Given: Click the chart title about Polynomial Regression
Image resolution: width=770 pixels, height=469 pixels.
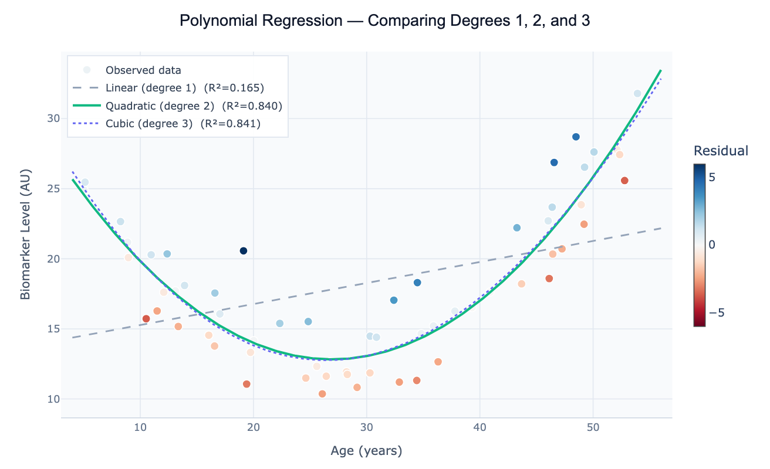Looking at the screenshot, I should [384, 21].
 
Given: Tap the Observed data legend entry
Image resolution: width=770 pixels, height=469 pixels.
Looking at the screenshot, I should [143, 70].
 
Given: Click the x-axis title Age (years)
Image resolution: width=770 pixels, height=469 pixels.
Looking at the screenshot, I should [366, 451].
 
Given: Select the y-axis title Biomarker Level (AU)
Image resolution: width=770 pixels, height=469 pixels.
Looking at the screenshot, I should [25, 235].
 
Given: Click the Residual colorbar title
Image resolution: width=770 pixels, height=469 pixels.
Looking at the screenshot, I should [721, 151].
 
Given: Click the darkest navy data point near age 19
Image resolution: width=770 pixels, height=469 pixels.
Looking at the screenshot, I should [244, 251].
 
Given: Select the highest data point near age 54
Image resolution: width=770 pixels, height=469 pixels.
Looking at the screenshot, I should [637, 94].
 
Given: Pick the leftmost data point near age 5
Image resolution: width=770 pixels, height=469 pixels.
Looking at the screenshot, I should [85, 182].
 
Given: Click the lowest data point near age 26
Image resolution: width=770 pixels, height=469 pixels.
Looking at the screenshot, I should [322, 394].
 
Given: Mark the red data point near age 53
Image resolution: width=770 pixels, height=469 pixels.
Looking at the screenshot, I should [624, 181].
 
